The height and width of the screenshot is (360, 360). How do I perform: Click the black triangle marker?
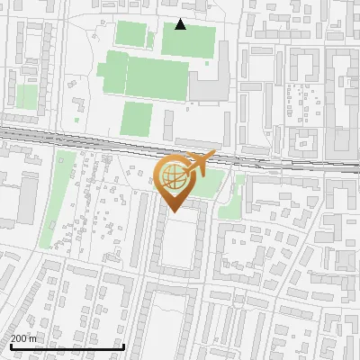click(181, 24)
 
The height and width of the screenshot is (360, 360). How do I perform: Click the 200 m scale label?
click(22, 338)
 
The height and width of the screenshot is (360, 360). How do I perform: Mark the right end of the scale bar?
click(123, 347)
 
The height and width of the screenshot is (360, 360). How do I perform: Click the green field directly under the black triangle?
click(188, 40)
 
